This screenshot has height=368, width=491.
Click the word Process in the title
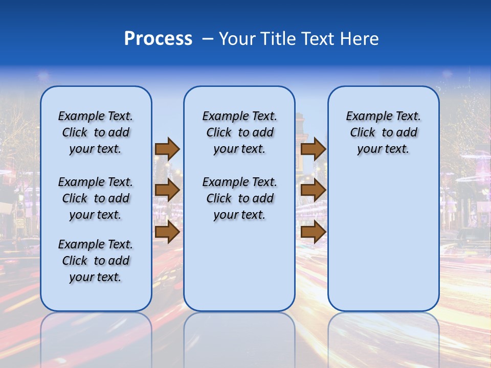[158, 39]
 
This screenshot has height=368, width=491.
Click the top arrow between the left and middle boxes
[167, 149]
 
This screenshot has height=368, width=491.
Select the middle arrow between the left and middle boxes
[167, 191]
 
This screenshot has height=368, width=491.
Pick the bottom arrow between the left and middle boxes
[167, 233]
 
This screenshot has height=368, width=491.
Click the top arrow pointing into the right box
[313, 149]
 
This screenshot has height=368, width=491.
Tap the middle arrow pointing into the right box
[313, 191]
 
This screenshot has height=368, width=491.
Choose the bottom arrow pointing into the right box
[313, 233]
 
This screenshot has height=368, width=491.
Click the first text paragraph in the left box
[96, 132]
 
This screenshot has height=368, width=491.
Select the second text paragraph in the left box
[96, 198]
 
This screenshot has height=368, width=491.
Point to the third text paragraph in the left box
[96, 261]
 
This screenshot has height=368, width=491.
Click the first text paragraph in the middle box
[239, 132]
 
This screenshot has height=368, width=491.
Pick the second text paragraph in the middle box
[239, 198]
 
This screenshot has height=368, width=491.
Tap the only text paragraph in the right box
[383, 132]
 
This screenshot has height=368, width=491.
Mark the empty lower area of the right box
[383, 240]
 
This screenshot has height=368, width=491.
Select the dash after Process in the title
[207, 39]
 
